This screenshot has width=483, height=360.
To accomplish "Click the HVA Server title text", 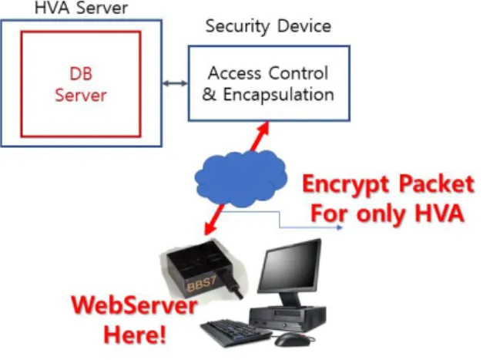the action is [x=81, y=8].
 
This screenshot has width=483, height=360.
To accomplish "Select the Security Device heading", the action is [x=268, y=26].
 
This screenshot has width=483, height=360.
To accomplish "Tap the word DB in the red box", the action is [x=81, y=74].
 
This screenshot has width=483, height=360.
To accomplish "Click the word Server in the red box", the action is [x=81, y=95].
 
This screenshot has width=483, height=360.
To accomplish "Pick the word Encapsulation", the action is [x=278, y=94].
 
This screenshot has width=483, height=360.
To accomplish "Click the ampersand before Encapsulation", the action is [x=209, y=94].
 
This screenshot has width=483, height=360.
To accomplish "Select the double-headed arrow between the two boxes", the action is [x=175, y=83].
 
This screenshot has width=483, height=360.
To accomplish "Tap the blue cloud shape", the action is [x=241, y=178].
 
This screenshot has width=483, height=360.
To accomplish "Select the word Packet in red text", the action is [x=437, y=184].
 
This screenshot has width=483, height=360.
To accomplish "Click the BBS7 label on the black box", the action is [x=202, y=284].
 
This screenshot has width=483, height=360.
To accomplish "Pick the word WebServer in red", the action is [x=134, y=305].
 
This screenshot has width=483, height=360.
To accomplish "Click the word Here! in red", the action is [x=135, y=334].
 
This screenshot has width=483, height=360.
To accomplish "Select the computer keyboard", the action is [x=236, y=332].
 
